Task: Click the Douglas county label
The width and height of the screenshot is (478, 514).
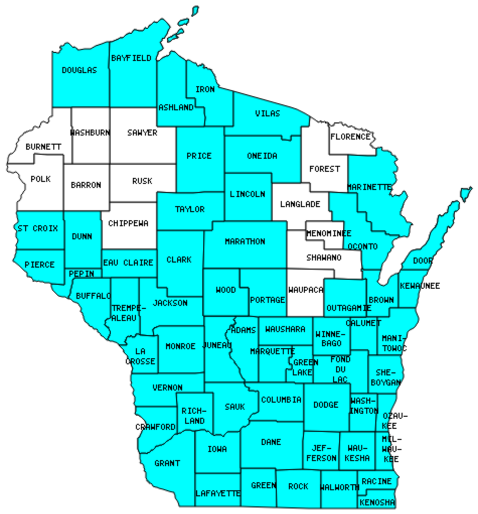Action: (x=79, y=71)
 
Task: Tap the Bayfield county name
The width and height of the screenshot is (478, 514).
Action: (x=131, y=58)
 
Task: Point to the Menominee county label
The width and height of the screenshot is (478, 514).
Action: (x=329, y=233)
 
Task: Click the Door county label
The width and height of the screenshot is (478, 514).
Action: (x=423, y=261)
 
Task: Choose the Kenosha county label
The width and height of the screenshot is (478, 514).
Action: (x=377, y=503)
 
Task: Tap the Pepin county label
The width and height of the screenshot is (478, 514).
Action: (x=82, y=274)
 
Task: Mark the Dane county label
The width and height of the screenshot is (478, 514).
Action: (x=271, y=442)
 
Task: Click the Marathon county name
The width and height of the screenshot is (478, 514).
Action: (x=245, y=241)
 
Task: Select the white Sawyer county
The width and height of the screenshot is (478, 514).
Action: (x=142, y=133)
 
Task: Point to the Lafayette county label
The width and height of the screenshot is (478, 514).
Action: (x=218, y=493)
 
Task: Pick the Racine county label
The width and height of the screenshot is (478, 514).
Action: (x=376, y=481)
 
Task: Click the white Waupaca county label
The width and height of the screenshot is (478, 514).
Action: (x=306, y=290)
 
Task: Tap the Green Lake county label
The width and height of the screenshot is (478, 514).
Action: (x=305, y=367)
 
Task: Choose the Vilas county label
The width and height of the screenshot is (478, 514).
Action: (x=268, y=113)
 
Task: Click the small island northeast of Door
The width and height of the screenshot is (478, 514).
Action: (x=466, y=192)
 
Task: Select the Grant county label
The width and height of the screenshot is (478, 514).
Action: (x=167, y=463)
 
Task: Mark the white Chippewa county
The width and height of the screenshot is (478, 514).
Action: (x=128, y=223)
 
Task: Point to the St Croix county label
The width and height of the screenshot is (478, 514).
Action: (x=38, y=228)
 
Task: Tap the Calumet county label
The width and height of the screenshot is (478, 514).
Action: (x=363, y=323)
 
